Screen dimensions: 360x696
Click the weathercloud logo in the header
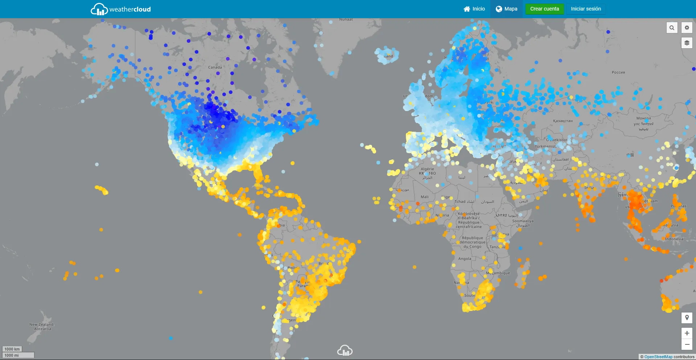point(121,9)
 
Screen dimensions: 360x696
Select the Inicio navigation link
point(474,9)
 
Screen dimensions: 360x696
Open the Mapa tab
point(506,9)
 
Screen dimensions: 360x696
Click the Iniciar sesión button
point(586,9)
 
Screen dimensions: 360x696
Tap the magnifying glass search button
point(672,28)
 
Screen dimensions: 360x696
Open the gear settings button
point(687,28)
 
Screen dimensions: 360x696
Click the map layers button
point(687,43)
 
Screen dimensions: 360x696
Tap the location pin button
point(687,318)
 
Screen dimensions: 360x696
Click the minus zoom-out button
point(687,344)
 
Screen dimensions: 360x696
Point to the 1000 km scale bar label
point(12,349)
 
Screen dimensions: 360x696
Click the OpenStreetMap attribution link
point(658,357)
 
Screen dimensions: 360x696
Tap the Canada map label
point(215,67)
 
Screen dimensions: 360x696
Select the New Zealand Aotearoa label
point(41,327)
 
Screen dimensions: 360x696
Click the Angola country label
point(465,259)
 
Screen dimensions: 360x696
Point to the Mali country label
point(424,197)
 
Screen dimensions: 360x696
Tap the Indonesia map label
point(674,239)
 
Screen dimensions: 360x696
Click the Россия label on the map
point(618,72)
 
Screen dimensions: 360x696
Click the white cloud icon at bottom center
point(345,351)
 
